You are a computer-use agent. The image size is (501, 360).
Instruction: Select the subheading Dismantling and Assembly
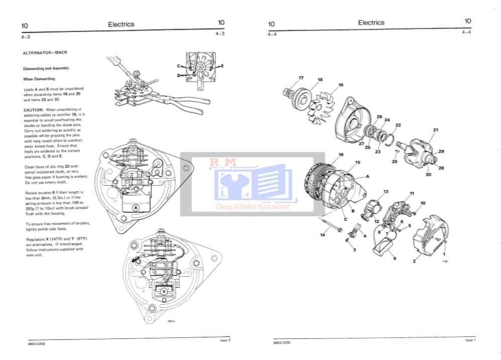click(46, 68)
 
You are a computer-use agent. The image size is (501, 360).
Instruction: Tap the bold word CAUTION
click(34, 109)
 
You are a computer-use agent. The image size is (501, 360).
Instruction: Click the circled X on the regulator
click(135, 207)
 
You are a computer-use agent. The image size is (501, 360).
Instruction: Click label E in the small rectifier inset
click(222, 66)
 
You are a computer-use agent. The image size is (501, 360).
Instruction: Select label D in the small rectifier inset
click(178, 75)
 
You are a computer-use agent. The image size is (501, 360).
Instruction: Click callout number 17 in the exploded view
click(301, 77)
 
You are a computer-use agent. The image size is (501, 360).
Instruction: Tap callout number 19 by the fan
click(341, 85)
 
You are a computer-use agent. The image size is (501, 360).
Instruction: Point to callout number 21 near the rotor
click(436, 130)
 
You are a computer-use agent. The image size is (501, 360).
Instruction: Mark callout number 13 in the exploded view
click(386, 192)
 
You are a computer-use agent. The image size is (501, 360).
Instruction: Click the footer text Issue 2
click(225, 340)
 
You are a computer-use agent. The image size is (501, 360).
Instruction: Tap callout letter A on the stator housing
click(368, 176)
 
